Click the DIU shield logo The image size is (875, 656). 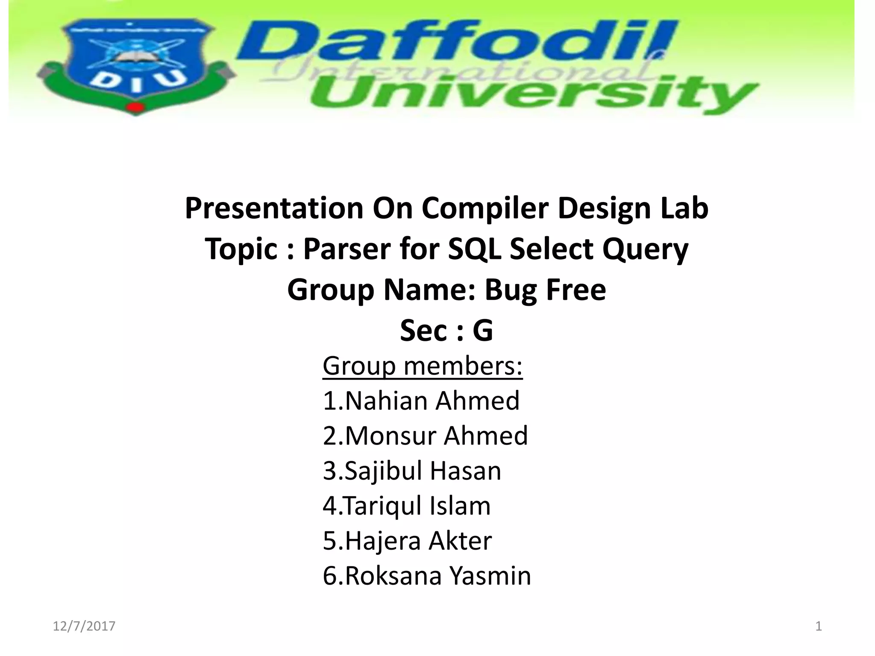[x=136, y=64]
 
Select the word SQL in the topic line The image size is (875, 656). [x=474, y=249]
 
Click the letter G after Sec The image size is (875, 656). [x=483, y=331]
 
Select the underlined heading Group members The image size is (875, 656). [x=422, y=366]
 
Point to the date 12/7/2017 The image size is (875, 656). [x=84, y=626]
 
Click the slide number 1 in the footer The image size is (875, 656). [x=819, y=626]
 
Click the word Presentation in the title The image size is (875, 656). [x=274, y=208]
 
